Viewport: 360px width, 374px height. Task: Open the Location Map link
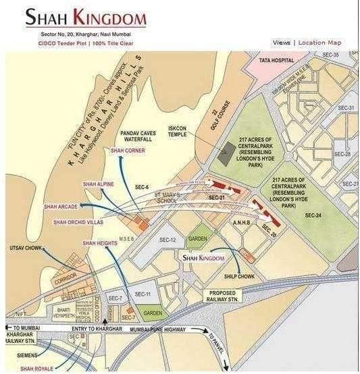click(x=319, y=43)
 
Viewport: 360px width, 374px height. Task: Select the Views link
click(x=282, y=43)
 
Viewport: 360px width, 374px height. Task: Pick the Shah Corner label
click(x=128, y=150)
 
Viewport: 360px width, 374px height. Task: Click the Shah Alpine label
click(x=98, y=184)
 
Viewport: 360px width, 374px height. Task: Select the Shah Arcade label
click(x=61, y=206)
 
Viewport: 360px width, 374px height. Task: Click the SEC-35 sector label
click(x=332, y=54)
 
